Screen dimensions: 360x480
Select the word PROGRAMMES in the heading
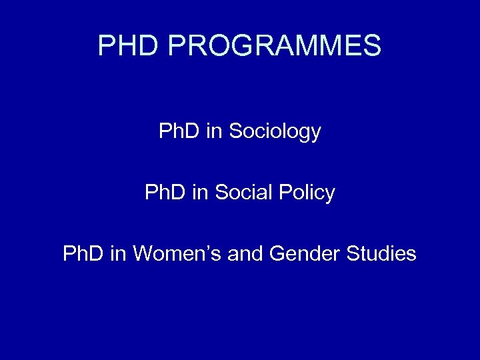pyautogui.click(x=275, y=46)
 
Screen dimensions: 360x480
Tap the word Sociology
pyautogui.click(x=275, y=132)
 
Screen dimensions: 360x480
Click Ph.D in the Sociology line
pyautogui.click(x=179, y=131)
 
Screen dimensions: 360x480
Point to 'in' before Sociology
pyautogui.click(x=215, y=131)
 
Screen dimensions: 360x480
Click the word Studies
pyautogui.click(x=382, y=254)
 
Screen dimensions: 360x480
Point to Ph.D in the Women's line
pyautogui.click(x=83, y=254)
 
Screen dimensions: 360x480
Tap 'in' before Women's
pyautogui.click(x=118, y=254)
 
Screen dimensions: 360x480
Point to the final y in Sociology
pyautogui.click(x=315, y=134)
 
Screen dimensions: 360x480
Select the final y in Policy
pyautogui.click(x=329, y=195)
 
